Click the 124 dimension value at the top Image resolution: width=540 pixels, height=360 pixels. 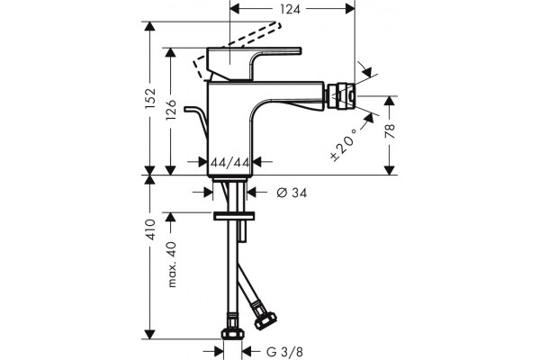point(290,9)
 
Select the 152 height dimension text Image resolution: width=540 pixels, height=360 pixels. point(150,98)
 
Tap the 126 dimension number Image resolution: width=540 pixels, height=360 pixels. point(171,110)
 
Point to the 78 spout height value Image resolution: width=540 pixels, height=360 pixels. point(390,131)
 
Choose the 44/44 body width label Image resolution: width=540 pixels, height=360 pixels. point(230,162)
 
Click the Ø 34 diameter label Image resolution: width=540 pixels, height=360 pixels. point(292,193)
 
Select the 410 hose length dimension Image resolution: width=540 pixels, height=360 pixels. point(150,229)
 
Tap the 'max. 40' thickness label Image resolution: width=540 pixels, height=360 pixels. point(172,265)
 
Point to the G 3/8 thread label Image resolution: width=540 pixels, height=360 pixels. point(284,352)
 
